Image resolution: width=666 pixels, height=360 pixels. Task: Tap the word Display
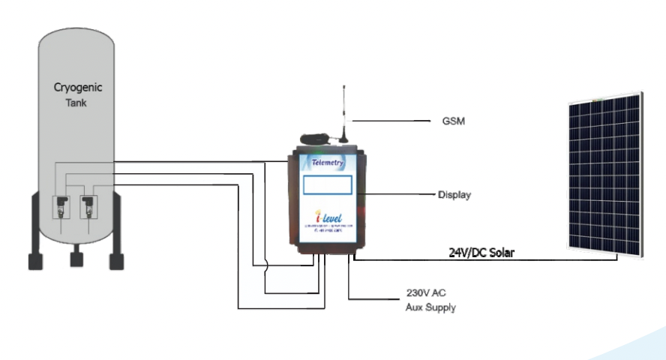454,195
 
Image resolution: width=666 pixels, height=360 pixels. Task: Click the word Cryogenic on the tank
78,88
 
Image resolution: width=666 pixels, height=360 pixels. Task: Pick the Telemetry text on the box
327,161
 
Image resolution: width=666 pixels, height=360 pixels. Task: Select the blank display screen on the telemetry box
328,185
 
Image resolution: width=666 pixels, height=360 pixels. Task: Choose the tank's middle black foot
76,259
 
